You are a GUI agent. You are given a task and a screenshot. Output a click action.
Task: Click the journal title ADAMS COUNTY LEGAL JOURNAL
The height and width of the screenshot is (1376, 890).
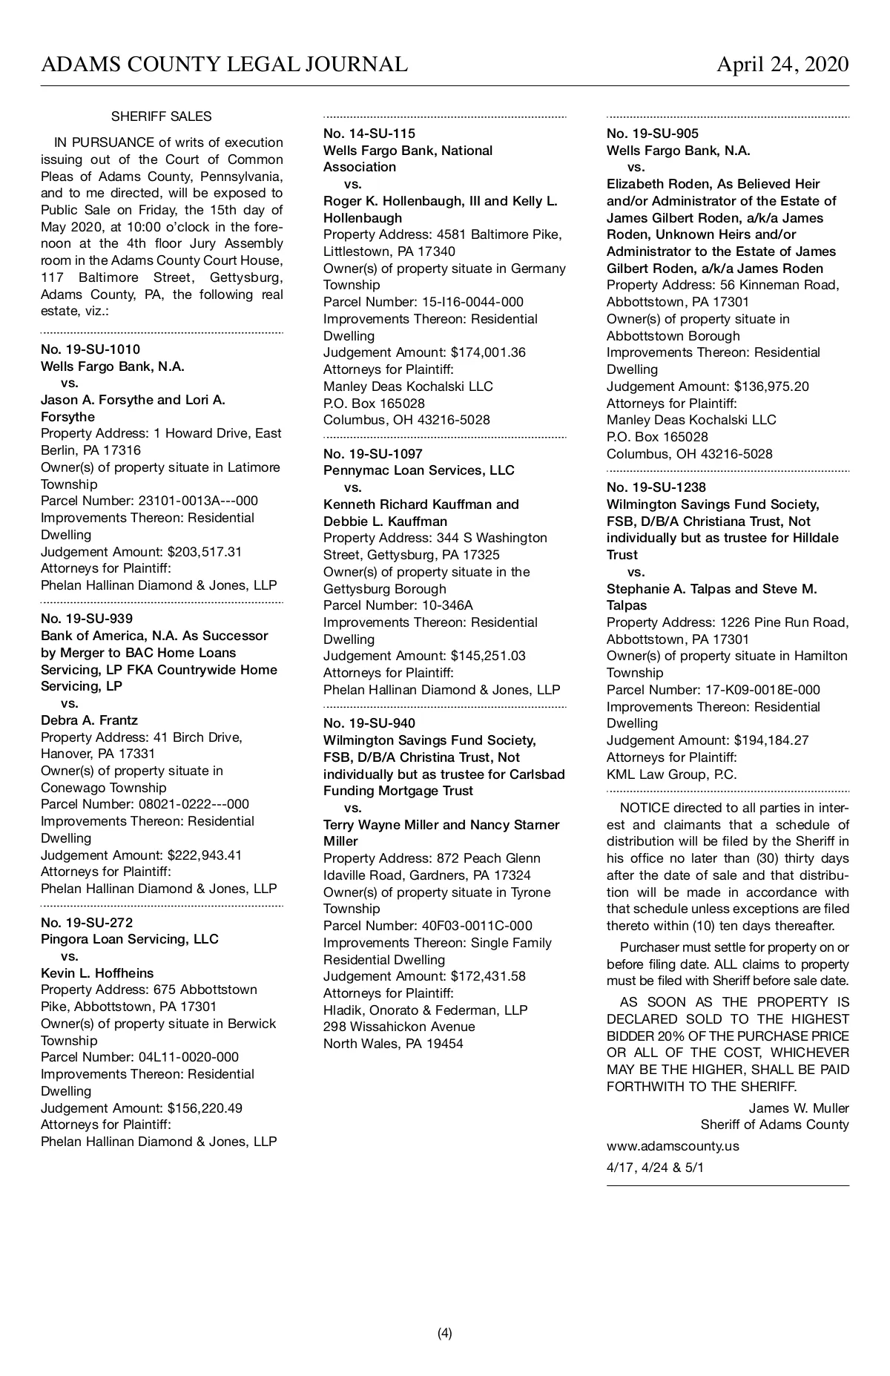coord(224,65)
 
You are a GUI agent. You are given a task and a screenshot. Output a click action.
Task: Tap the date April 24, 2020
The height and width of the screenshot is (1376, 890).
coord(782,65)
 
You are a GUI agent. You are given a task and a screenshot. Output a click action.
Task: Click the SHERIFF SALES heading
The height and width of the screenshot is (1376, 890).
coord(161,116)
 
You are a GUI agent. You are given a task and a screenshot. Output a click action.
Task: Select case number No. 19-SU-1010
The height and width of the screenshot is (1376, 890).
coord(90,349)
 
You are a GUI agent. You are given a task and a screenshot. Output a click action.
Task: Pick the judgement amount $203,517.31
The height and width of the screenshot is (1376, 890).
coord(205,552)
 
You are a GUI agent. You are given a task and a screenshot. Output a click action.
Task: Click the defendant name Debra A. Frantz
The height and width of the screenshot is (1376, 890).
coord(89,720)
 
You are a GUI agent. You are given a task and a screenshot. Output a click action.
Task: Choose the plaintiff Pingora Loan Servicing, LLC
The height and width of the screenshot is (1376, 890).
coord(130,939)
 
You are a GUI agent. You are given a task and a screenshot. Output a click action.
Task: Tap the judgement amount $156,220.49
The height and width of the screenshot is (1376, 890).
coord(205,1108)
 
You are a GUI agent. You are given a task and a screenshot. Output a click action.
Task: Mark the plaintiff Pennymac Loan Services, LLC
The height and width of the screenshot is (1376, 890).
coord(419,470)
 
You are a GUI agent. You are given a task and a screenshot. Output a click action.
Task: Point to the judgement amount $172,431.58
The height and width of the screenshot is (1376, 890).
coord(488,976)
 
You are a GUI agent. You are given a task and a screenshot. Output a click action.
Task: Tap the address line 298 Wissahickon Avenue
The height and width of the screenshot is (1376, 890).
coord(399,1027)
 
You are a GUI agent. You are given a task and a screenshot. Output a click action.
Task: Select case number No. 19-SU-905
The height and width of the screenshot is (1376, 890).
coord(653,134)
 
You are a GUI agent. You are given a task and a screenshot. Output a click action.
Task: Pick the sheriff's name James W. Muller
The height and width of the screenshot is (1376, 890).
coord(798,1108)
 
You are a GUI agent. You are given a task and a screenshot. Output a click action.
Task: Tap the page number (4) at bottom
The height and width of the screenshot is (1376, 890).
coord(445,1333)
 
